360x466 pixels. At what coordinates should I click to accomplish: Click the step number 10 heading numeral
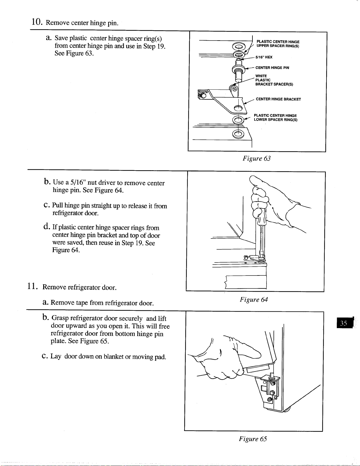tap(37, 22)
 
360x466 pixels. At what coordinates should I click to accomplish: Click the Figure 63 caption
tap(257, 158)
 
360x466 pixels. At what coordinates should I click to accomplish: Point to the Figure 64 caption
tap(254, 300)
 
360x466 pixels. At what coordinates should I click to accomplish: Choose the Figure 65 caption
tap(253, 439)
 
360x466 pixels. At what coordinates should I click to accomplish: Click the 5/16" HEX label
tap(264, 57)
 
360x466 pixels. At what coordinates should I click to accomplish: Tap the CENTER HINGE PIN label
tap(272, 68)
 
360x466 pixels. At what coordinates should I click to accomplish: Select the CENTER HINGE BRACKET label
tap(278, 99)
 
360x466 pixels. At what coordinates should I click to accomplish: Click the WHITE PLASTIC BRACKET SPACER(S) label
tap(274, 80)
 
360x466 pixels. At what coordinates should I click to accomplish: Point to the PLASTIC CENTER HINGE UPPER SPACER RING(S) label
tap(278, 44)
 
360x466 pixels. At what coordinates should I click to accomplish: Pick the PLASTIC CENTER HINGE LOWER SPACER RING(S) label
tap(276, 118)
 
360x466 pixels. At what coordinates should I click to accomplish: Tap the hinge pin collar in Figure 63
tap(238, 69)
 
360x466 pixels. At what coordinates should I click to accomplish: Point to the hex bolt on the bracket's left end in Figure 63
tap(202, 95)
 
